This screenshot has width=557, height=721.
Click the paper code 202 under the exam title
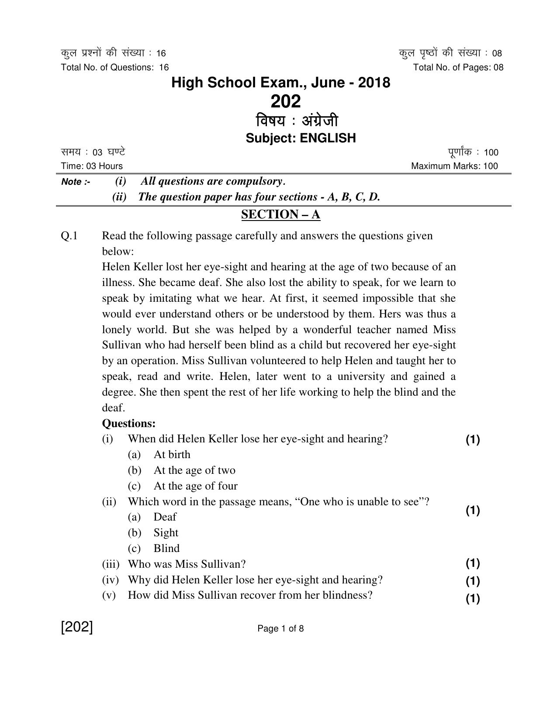click(286, 102)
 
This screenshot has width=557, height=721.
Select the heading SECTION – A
click(281, 214)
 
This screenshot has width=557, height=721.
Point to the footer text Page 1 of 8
click(280, 629)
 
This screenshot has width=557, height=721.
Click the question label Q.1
click(69, 236)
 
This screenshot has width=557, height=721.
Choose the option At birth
click(172, 455)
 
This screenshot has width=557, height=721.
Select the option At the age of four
click(195, 486)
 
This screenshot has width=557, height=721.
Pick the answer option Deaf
click(165, 517)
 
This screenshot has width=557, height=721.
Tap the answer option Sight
click(166, 533)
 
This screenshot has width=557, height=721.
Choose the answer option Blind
click(166, 549)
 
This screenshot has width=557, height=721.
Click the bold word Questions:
click(129, 424)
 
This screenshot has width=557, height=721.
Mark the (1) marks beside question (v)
click(473, 599)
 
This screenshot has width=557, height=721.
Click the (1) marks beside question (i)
click(473, 440)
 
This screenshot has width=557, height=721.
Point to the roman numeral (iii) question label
click(111, 564)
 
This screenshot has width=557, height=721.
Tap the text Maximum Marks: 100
click(454, 166)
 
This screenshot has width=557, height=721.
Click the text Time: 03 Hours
click(92, 166)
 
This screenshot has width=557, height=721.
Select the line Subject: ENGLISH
click(301, 138)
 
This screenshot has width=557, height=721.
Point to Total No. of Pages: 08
click(458, 67)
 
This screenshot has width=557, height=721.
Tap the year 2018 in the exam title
click(374, 83)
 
